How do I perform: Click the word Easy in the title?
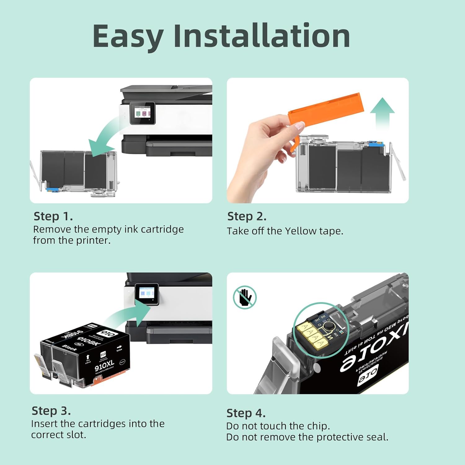point(128,37)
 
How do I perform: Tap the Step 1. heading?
point(53,216)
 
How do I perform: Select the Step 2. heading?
point(247,216)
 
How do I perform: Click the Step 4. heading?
point(246,413)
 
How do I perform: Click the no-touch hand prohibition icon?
point(245,297)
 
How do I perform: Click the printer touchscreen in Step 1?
point(142,113)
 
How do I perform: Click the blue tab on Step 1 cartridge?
point(52,189)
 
